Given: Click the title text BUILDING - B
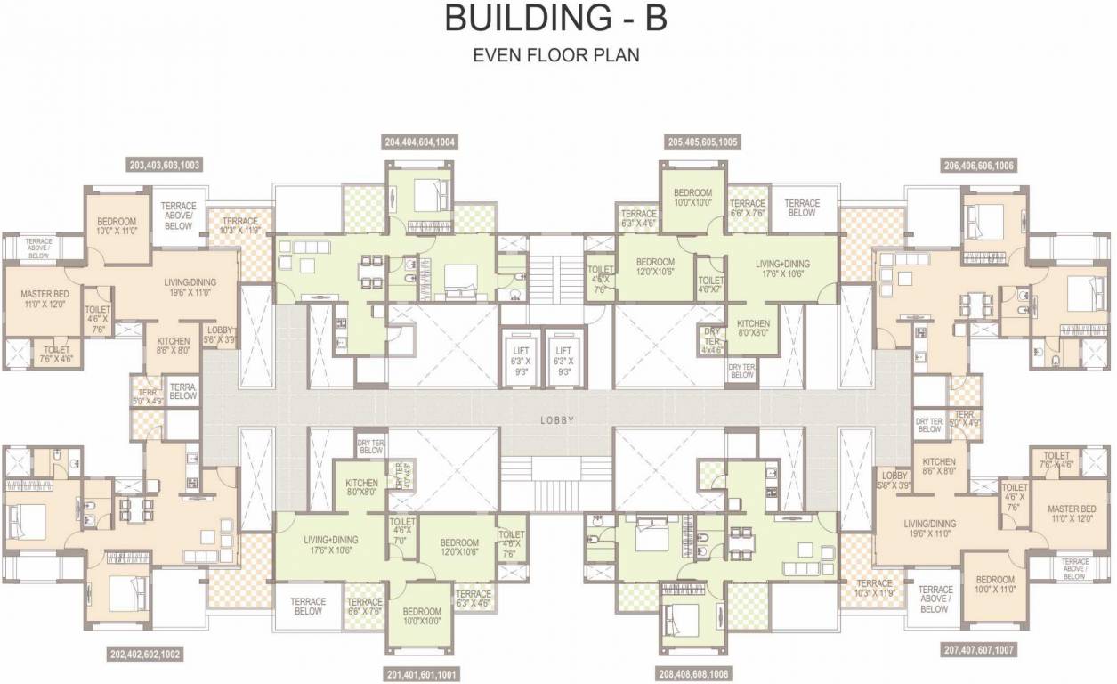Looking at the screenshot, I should coord(556,19).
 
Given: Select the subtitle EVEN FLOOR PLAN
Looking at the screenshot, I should coord(556,55).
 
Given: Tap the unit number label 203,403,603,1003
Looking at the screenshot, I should coord(165,165).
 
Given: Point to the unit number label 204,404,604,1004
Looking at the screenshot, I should coord(420,142).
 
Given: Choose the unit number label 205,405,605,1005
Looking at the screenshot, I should coord(703,142).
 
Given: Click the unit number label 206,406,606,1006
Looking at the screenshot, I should coord(979,165).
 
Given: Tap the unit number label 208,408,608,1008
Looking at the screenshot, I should coord(693,674).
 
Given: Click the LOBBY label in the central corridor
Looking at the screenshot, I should coord(557,420).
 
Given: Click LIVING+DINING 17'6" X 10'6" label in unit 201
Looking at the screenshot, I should coord(330,543).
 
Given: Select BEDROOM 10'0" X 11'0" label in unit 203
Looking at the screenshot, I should coord(117,226).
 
